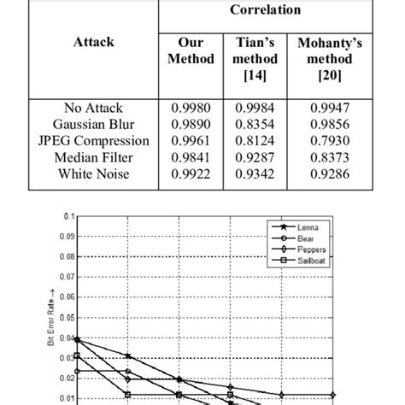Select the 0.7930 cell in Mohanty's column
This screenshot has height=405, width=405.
click(x=329, y=140)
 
